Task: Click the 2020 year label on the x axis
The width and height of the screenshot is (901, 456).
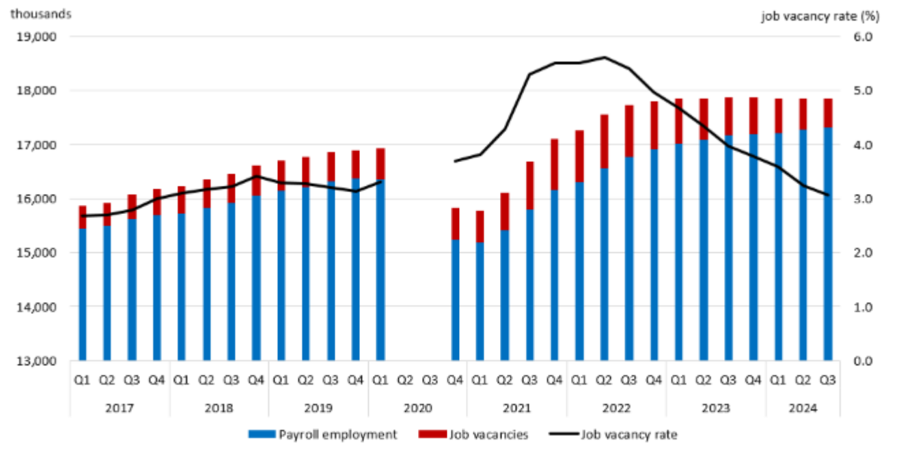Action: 417,408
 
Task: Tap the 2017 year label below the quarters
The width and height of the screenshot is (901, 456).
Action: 120,408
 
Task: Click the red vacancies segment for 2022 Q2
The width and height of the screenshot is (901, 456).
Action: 604,141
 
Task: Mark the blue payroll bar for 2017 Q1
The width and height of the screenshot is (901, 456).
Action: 83,294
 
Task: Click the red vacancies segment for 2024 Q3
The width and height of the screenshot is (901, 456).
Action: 827,113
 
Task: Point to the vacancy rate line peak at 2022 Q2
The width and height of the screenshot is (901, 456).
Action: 604,57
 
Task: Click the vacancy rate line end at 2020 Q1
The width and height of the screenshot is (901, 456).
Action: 380,181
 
